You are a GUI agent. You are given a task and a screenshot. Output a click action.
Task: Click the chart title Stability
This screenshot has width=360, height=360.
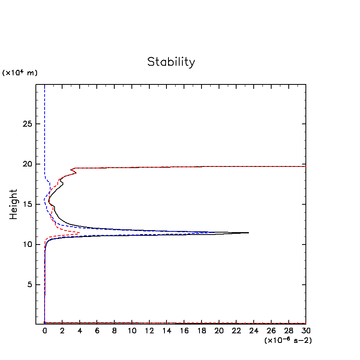(x=171, y=62)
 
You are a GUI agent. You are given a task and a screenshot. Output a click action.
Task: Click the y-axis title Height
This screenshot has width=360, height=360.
(x=14, y=204)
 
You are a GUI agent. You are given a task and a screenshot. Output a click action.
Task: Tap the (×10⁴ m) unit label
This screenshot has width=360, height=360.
(x=20, y=73)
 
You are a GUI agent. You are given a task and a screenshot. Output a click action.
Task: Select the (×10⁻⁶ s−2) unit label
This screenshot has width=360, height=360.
(x=288, y=340)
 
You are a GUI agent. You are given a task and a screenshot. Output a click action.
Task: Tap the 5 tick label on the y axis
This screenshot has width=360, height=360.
(x=29, y=285)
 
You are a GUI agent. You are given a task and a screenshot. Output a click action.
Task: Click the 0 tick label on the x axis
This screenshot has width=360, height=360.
(x=45, y=331)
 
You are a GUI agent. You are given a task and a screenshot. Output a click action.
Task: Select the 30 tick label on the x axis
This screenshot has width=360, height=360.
(x=306, y=331)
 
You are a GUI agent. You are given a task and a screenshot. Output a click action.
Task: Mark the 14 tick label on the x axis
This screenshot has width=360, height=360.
(x=166, y=331)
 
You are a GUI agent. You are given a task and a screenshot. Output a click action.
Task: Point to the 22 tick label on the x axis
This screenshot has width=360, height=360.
(x=236, y=331)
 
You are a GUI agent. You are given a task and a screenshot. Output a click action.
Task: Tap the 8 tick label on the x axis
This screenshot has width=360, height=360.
(x=114, y=331)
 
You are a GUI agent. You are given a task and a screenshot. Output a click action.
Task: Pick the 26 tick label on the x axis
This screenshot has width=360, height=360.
(x=271, y=331)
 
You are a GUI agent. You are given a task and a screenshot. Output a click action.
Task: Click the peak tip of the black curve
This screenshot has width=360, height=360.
(x=248, y=233)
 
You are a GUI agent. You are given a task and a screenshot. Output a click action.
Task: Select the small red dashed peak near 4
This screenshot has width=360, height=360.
(x=80, y=233)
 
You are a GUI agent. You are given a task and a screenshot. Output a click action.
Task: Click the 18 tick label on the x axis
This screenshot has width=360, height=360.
(x=202, y=331)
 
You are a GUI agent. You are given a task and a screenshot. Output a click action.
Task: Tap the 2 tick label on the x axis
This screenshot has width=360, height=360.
(x=62, y=331)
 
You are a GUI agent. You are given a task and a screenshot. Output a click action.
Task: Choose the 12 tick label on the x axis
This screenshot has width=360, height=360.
(x=149, y=331)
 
